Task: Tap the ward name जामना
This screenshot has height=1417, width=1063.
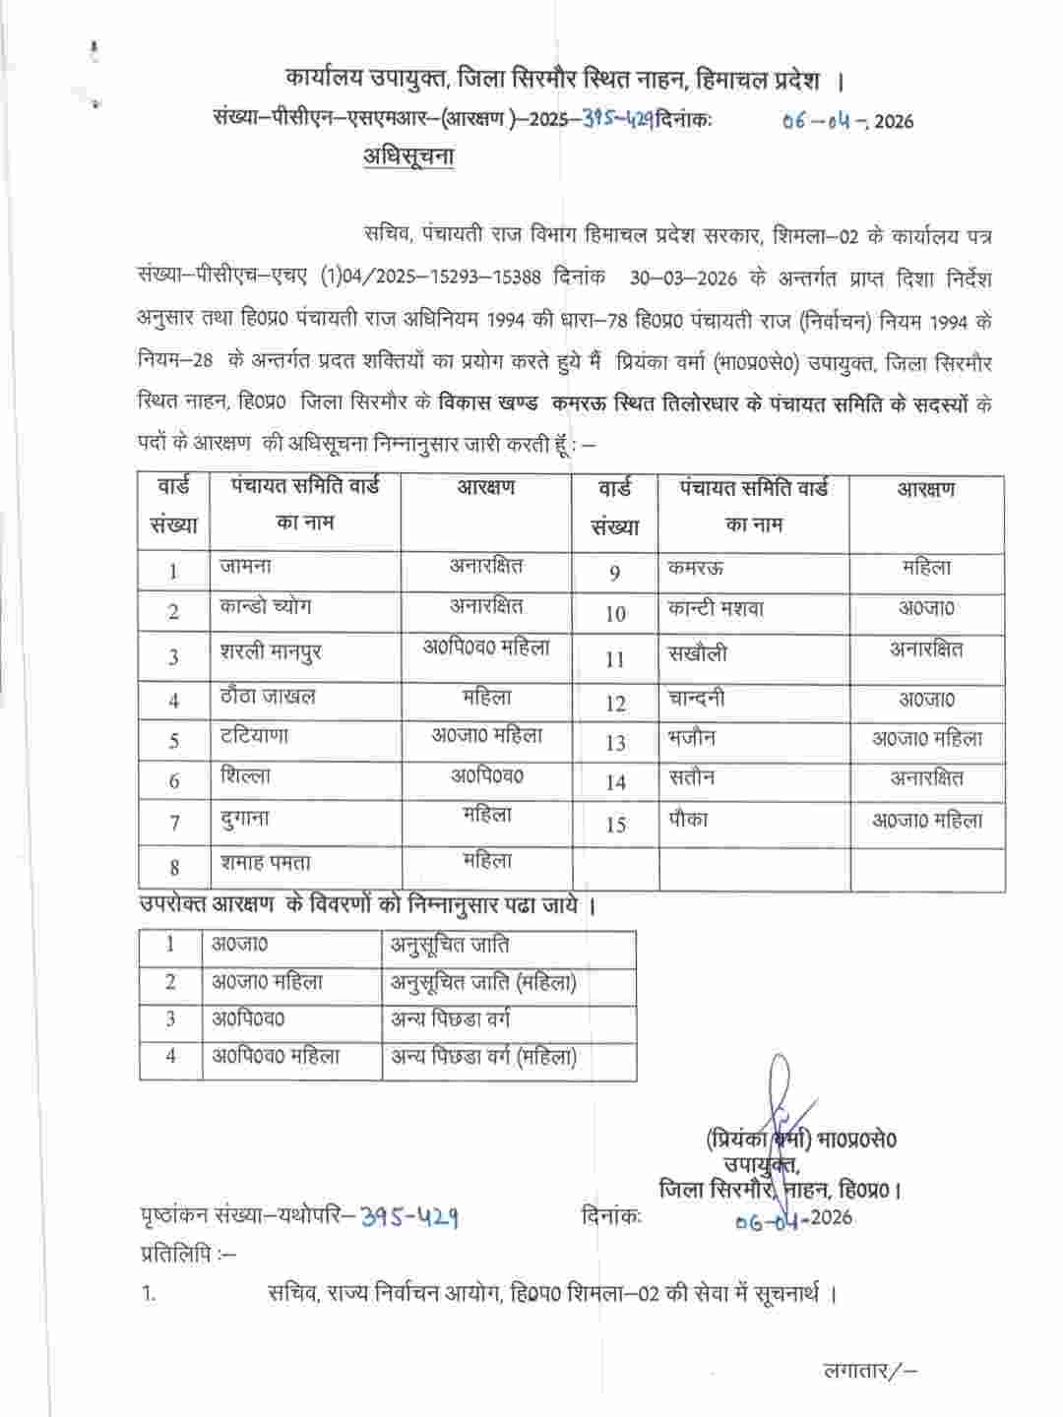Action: (246, 567)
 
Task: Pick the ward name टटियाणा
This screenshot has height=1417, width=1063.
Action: (255, 737)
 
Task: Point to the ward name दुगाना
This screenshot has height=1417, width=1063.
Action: (245, 819)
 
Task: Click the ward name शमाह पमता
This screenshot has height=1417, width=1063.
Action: (266, 863)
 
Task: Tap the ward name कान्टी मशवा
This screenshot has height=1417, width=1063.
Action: (715, 609)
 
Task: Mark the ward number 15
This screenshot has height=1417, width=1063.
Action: (615, 825)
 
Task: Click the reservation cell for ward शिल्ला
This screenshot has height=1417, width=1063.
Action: (486, 776)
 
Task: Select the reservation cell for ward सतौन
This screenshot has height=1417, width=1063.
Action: (926, 778)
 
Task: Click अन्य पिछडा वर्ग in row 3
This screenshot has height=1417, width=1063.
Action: (450, 1018)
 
